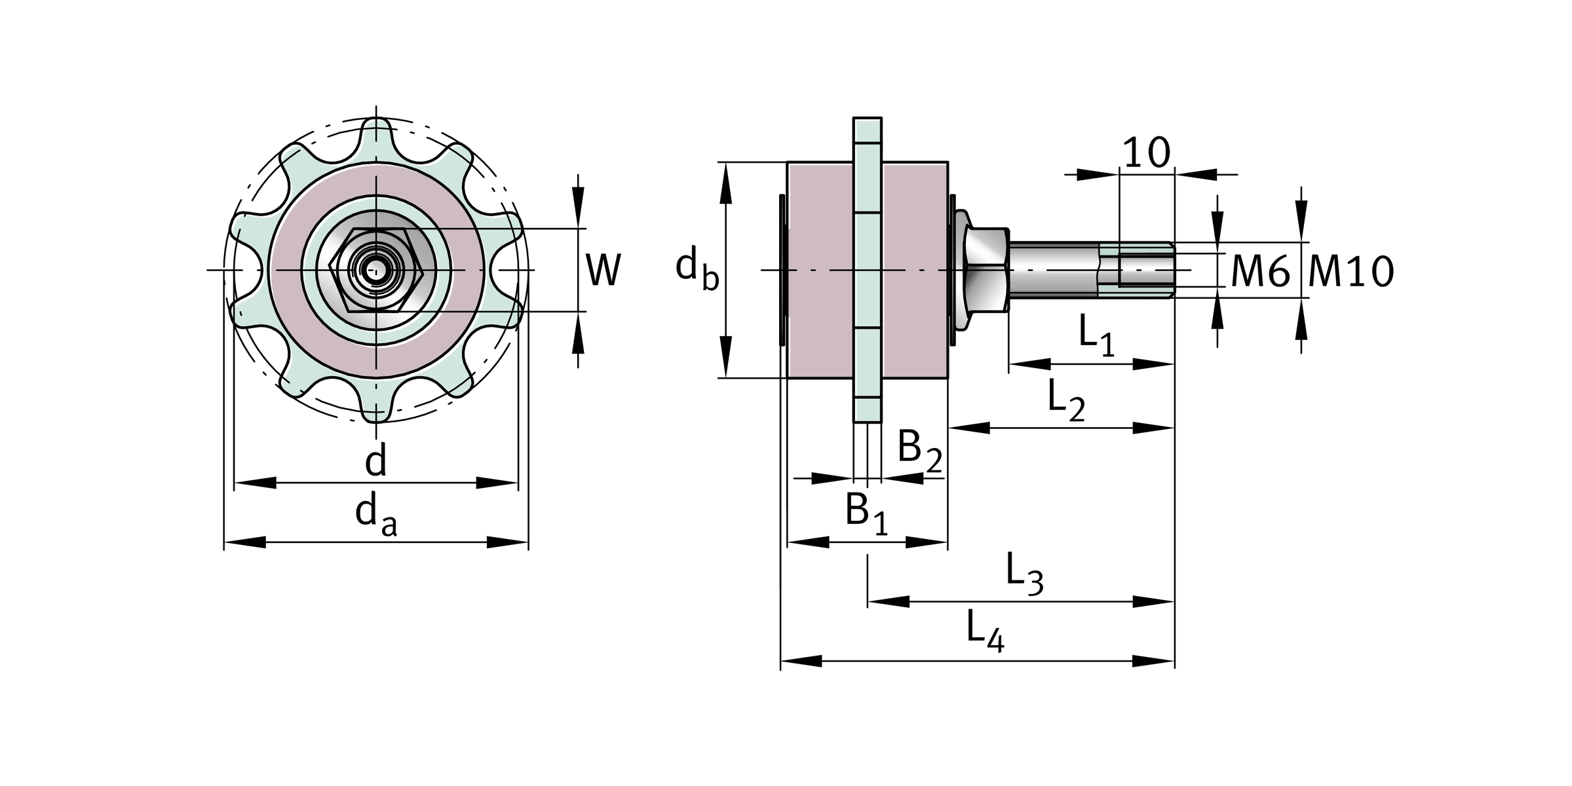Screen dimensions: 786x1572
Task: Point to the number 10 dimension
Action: [x=1146, y=153]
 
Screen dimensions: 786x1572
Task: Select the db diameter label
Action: [x=697, y=269]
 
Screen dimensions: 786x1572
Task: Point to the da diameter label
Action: [x=375, y=515]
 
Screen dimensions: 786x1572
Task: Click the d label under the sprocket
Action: [x=376, y=461]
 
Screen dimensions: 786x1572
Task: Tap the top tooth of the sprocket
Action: [x=376, y=134]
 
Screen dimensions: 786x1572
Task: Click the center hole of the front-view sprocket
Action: [x=376, y=270]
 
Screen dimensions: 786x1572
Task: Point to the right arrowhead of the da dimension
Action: [x=508, y=542]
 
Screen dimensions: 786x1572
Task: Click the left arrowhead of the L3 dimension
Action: [x=889, y=601]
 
